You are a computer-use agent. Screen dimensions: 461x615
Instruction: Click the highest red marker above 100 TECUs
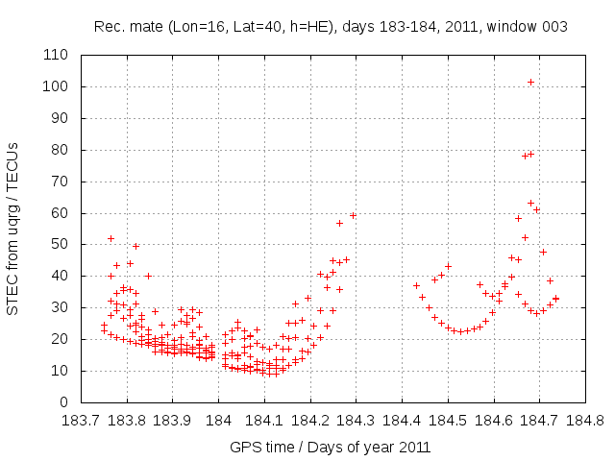(530, 83)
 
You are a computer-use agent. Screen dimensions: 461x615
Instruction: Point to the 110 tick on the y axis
(82, 55)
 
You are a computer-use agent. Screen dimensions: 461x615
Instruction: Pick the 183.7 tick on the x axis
(82, 401)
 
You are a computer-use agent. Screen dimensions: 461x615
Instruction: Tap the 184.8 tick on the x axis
(584, 401)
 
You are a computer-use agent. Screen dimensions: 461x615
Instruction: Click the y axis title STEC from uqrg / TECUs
(13, 228)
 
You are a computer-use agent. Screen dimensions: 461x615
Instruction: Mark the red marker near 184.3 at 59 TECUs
(353, 215)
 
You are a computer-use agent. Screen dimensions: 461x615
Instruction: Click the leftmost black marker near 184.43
(416, 285)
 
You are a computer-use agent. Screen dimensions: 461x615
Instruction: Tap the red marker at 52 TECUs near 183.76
(111, 238)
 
